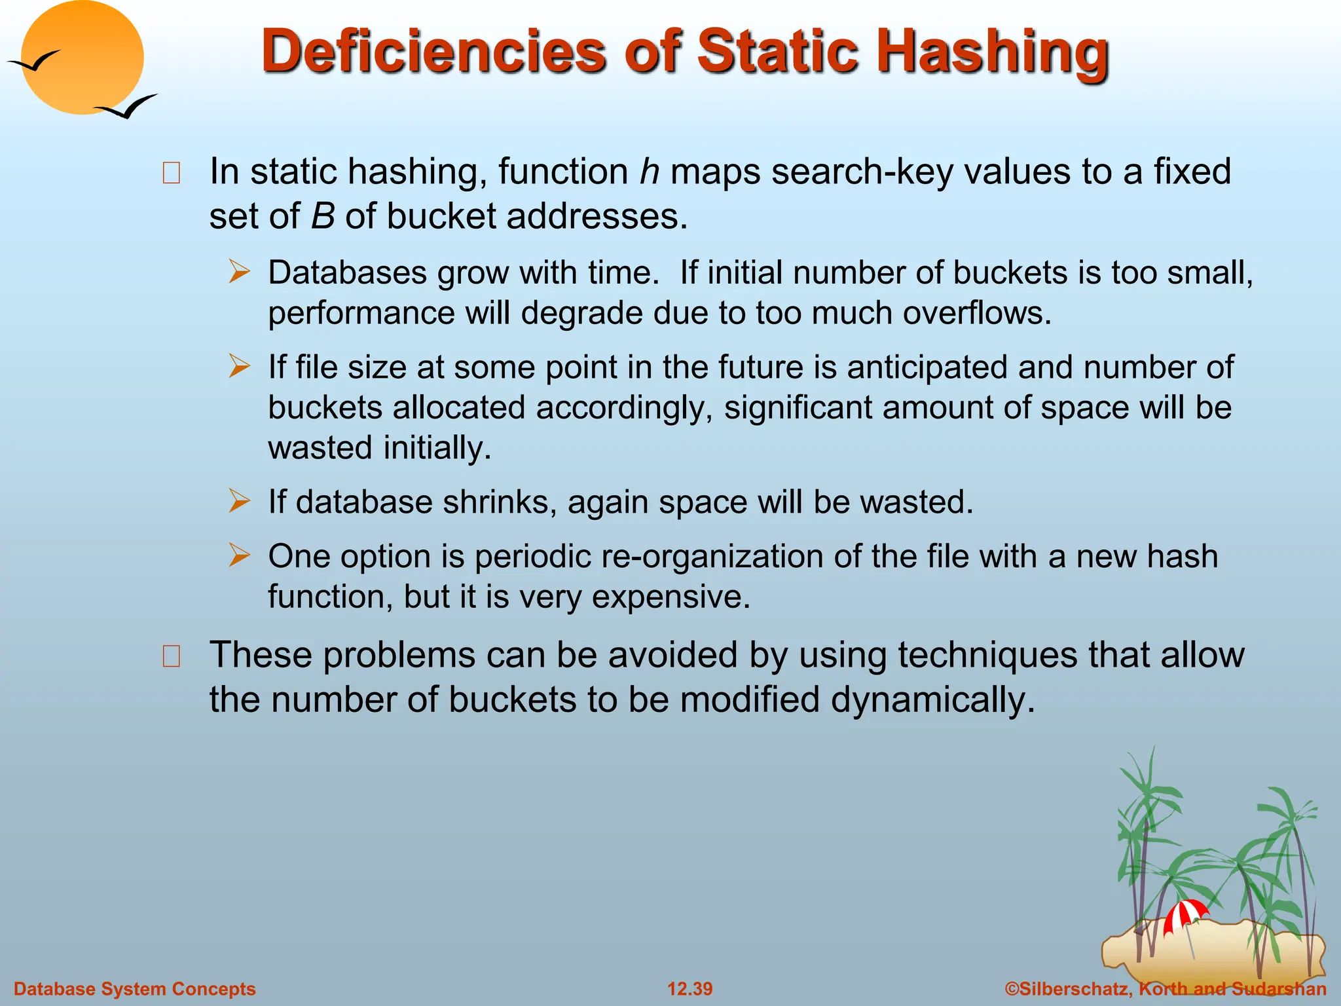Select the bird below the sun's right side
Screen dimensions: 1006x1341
coord(128,107)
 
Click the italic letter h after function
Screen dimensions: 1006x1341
coord(649,172)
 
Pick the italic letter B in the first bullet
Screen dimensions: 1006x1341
coord(322,216)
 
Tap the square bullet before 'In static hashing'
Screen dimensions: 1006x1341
coord(172,173)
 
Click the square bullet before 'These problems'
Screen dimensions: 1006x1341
coord(172,656)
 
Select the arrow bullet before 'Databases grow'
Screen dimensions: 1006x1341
coord(240,272)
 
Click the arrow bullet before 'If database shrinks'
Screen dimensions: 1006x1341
coord(240,502)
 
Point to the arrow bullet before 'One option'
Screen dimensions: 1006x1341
coord(240,556)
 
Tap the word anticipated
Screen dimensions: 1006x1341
coord(927,367)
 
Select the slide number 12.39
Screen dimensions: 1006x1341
coord(689,989)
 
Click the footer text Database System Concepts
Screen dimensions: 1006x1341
coord(134,989)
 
